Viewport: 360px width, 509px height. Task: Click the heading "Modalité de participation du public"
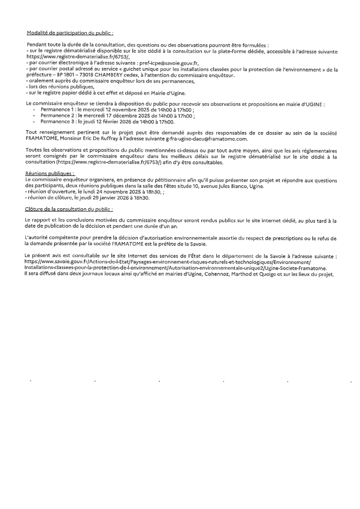pos(70,33)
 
